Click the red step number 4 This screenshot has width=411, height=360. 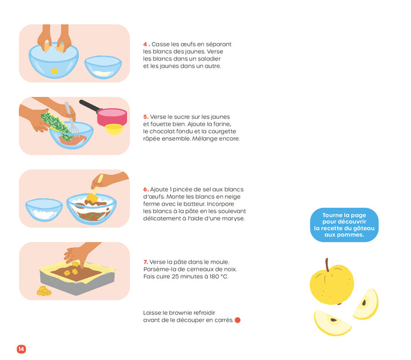145,44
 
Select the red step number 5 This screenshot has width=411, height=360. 145,117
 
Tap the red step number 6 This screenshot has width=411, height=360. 145,189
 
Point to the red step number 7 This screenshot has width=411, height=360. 145,262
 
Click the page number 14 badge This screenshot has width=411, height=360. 21,349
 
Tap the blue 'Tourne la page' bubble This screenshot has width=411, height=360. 344,225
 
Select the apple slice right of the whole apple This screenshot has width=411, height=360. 366,303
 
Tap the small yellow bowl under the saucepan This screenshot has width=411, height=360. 114,129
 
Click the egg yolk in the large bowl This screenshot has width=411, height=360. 55,71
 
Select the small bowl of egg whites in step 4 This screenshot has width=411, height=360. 103,68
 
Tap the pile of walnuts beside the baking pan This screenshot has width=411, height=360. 43,290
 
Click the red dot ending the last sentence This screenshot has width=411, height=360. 237,320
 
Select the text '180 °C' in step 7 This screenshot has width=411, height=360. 215,276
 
